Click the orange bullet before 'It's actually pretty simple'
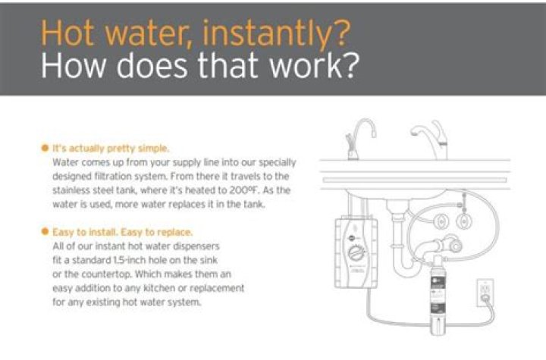click(x=45, y=149)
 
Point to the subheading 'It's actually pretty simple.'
click(x=111, y=149)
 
